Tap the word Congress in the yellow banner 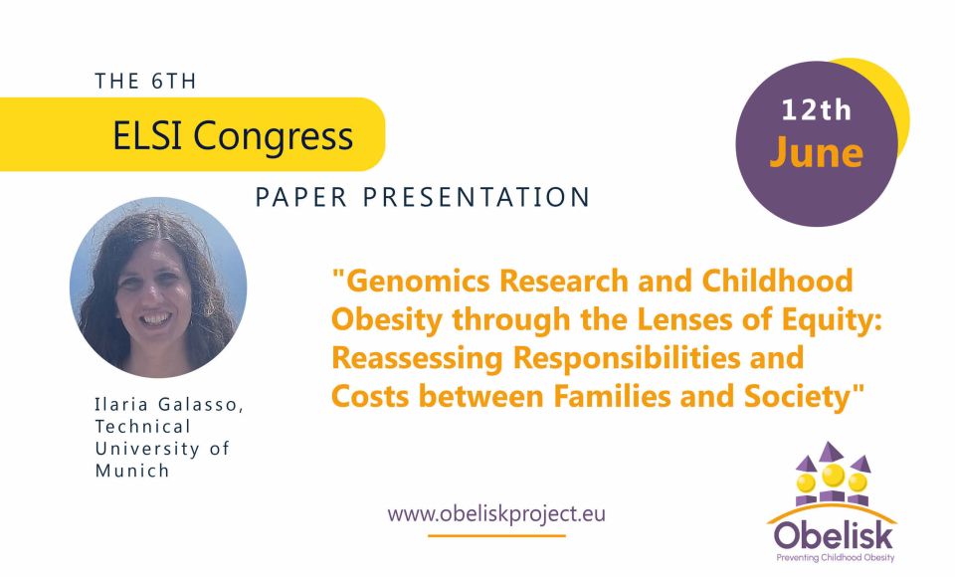(274, 137)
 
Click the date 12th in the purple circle (816, 110)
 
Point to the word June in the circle (816, 152)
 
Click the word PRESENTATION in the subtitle (477, 197)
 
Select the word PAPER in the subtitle (300, 197)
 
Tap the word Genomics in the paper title (412, 282)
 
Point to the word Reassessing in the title (417, 358)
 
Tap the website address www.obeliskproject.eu (496, 513)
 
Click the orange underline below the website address (496, 535)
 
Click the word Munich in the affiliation (132, 471)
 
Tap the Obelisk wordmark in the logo (834, 536)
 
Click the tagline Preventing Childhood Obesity (835, 557)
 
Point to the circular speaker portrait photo (158, 287)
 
